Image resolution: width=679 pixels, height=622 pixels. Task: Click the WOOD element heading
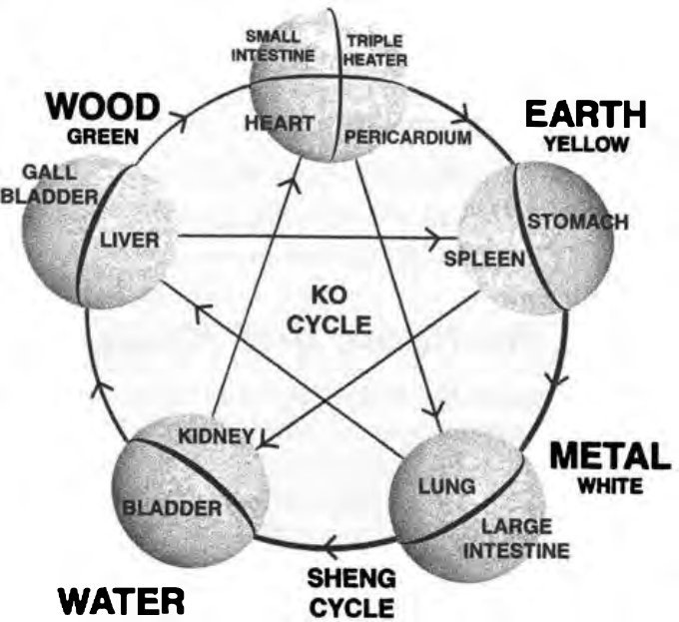tap(103, 108)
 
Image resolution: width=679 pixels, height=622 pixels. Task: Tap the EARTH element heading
tap(586, 114)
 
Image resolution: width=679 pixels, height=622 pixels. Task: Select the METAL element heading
tap(610, 455)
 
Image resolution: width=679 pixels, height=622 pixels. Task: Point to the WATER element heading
tap(121, 601)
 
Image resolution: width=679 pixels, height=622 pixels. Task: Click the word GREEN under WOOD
tap(103, 137)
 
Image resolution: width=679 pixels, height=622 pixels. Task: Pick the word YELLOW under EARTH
tap(586, 144)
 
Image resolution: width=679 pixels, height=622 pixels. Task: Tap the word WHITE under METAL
tap(610, 486)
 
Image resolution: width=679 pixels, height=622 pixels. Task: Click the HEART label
tap(280, 124)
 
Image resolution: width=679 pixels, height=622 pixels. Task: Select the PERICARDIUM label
tap(408, 138)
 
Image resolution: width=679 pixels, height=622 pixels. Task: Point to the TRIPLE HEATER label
tap(375, 50)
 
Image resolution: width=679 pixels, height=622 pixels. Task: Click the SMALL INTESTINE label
tap(273, 46)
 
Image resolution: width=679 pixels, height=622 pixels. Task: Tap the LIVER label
tap(130, 241)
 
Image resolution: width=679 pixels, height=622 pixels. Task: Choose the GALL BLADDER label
tap(49, 185)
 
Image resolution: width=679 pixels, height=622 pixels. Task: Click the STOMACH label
tap(578, 222)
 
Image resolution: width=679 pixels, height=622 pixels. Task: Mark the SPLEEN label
tap(484, 259)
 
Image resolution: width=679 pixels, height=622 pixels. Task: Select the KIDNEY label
tap(216, 436)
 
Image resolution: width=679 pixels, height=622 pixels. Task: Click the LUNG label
tap(447, 486)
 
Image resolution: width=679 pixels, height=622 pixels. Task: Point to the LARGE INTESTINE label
tap(517, 539)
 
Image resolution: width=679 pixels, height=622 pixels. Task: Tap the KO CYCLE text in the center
tap(330, 311)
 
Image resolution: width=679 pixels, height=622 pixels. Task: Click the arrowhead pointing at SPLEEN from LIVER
tap(440, 238)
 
